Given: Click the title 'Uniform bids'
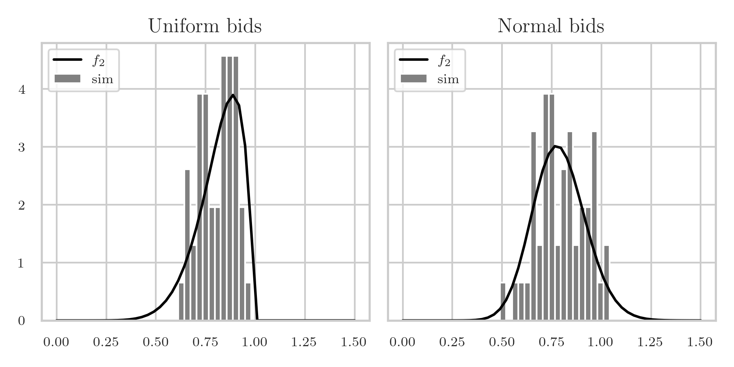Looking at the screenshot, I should (x=205, y=27).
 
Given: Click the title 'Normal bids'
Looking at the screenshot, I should (x=550, y=27).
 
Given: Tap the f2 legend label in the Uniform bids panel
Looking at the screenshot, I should (x=98, y=60).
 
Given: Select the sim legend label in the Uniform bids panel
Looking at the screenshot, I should (x=102, y=79).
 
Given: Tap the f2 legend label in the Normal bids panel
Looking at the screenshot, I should (x=444, y=60).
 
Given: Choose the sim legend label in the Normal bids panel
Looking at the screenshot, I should (x=448, y=79).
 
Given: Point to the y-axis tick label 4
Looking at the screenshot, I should (x=22, y=90).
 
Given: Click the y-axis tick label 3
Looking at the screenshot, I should (x=22, y=148).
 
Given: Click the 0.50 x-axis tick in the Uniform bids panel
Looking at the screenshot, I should (x=155, y=342).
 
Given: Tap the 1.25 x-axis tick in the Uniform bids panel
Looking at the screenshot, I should (x=304, y=342).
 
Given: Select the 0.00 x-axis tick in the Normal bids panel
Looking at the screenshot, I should (x=402, y=342).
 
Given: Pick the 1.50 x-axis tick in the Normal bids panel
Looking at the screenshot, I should (x=700, y=342).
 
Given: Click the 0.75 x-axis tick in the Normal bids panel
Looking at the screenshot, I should (x=551, y=342).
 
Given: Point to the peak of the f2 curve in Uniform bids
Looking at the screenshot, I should (x=232, y=95).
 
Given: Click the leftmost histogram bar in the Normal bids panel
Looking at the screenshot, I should (x=503, y=302).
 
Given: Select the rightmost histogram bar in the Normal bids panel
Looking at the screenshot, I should (x=606, y=283).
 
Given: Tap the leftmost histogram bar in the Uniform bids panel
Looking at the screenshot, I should (x=181, y=302).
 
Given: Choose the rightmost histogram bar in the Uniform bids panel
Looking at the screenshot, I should (x=248, y=302).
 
